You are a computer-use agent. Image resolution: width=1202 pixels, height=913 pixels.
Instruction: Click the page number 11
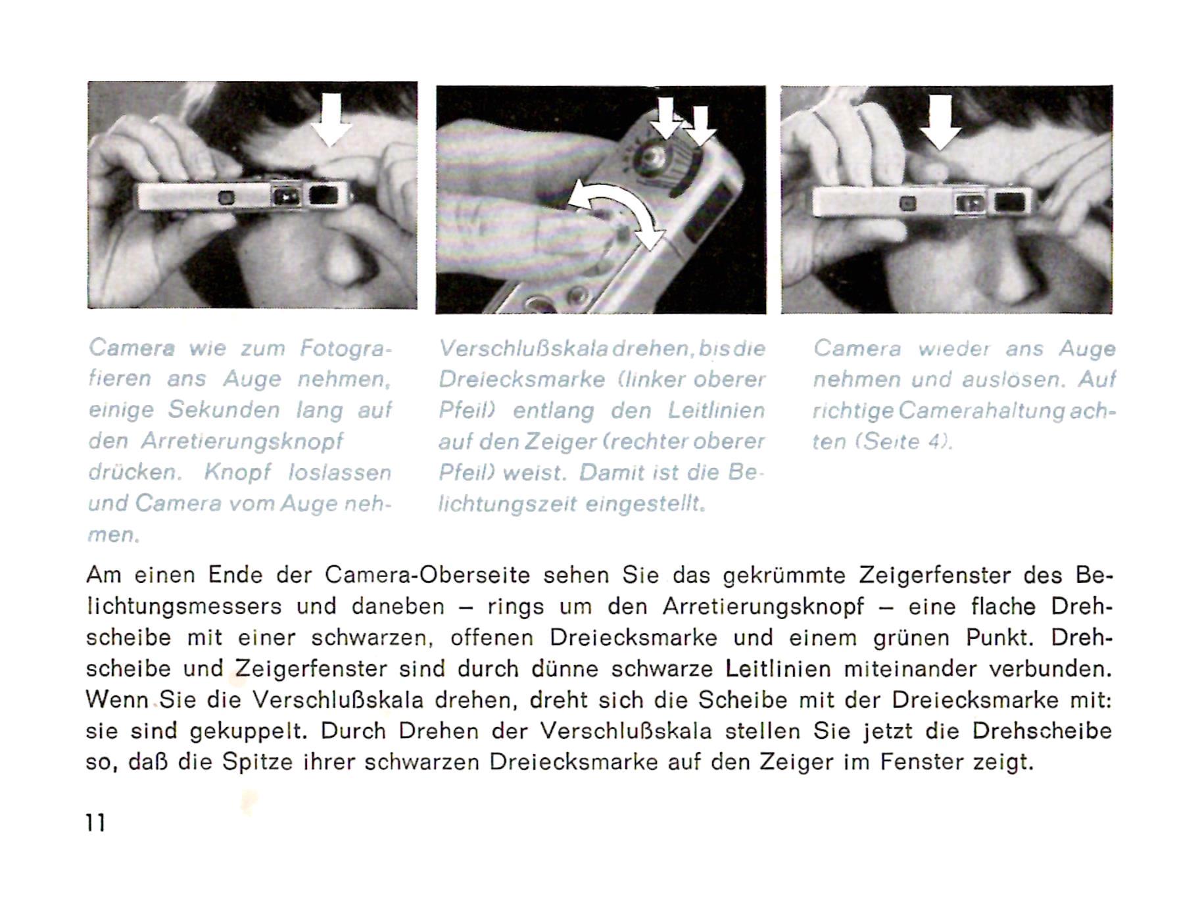95,822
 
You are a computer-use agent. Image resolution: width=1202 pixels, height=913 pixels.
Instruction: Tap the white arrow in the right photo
940,122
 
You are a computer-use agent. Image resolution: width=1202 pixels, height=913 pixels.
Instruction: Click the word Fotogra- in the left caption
346,347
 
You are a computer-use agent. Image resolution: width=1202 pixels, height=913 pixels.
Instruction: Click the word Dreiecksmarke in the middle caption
521,379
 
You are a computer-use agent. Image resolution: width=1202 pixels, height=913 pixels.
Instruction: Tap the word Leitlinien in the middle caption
716,410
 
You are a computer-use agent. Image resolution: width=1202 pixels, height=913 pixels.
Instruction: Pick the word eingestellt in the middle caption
644,504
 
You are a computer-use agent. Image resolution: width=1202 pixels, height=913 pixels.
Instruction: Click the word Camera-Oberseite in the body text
427,575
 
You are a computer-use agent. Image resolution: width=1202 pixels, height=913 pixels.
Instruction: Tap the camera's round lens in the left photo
226,197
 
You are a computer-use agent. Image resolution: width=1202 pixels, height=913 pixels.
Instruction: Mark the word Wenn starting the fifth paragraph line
117,699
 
